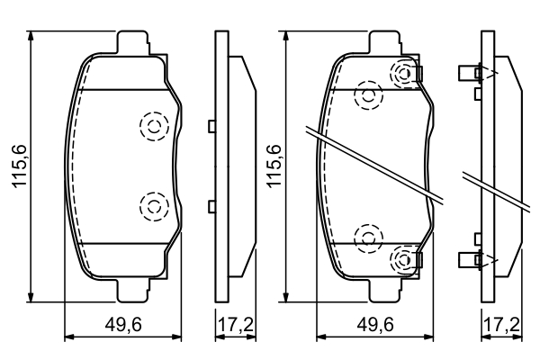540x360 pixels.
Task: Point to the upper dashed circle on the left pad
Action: click(153, 127)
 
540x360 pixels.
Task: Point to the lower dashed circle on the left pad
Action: click(153, 207)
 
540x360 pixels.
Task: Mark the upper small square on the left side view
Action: click(211, 127)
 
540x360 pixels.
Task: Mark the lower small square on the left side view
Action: click(211, 207)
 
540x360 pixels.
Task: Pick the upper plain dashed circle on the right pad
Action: click(368, 94)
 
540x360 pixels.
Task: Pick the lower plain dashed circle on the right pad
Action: click(368, 238)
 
